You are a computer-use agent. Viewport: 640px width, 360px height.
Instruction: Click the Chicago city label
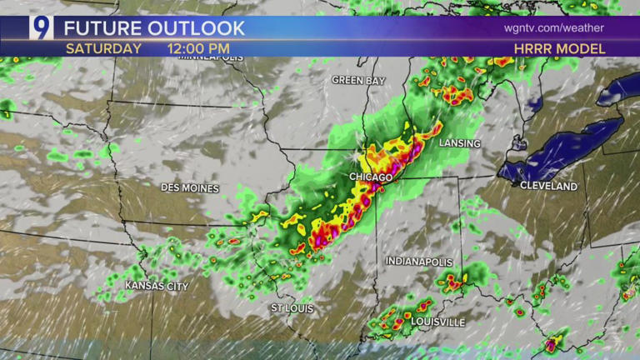coord(372,178)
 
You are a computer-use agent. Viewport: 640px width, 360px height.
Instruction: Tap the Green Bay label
coord(358,80)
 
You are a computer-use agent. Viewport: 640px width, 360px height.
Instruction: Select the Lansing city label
coord(460,143)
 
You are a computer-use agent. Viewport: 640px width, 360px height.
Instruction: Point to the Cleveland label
coord(548,185)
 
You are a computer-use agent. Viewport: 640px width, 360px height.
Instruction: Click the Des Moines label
coord(190,188)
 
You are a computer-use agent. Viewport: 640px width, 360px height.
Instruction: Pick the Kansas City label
coord(157,286)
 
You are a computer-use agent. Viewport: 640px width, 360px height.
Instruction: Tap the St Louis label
coord(292,308)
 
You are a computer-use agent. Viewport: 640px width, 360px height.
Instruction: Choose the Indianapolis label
coord(418,262)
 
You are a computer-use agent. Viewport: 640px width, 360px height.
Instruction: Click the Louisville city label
coord(437,322)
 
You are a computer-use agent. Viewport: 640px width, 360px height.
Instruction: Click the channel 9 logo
coord(41,27)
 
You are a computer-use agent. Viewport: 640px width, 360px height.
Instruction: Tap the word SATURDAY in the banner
coord(103,48)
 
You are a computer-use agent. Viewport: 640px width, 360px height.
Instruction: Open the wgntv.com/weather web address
coord(553,27)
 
